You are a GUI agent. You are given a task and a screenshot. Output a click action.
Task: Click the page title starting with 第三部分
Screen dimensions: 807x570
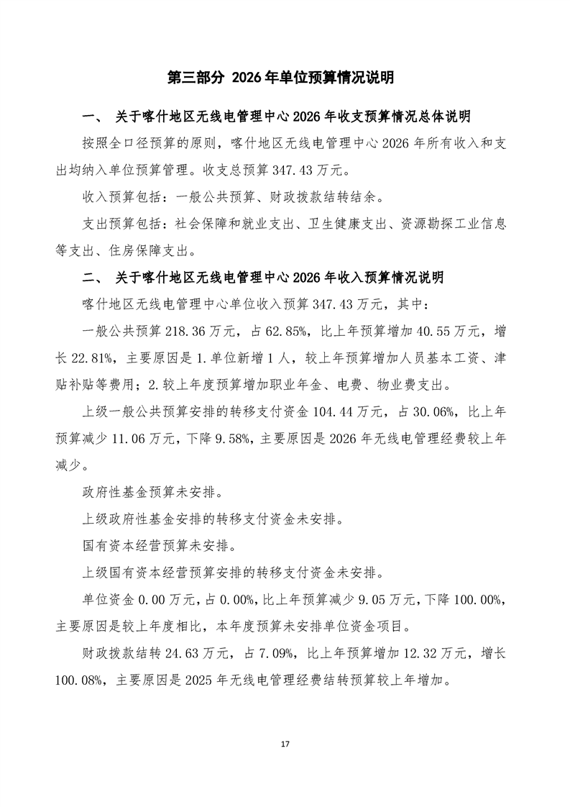(285, 78)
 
